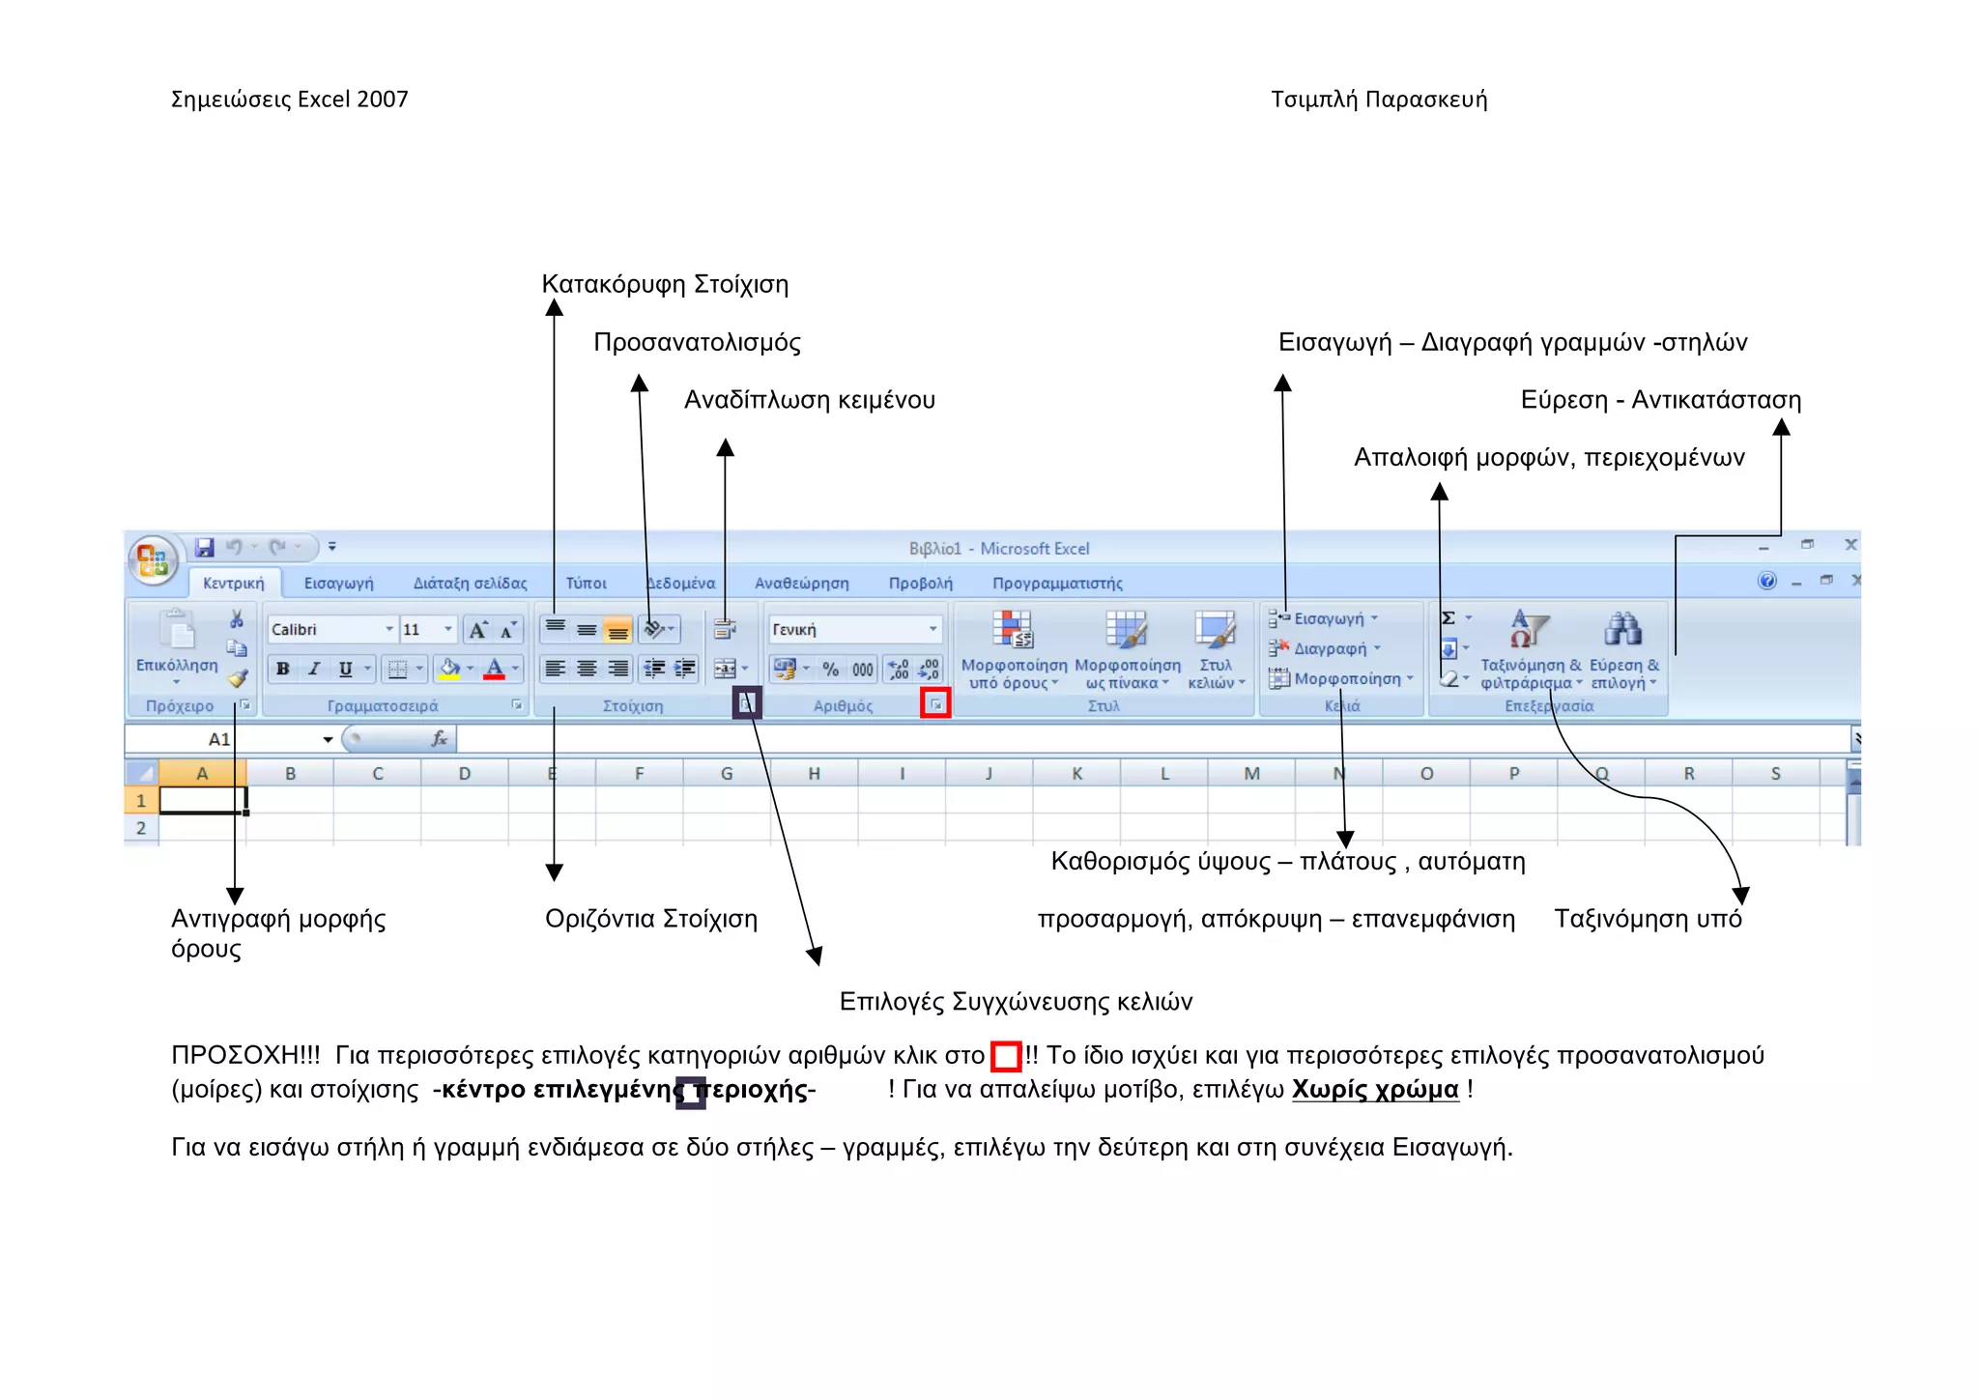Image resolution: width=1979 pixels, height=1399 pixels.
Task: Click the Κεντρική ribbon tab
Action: pos(233,583)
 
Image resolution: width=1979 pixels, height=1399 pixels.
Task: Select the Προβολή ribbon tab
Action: pos(920,583)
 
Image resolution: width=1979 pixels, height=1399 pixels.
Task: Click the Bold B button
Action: pos(282,669)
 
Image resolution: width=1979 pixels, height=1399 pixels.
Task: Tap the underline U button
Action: pos(345,669)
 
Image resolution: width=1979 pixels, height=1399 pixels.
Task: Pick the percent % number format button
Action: pos(830,669)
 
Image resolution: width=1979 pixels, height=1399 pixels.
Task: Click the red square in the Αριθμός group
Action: pos(935,704)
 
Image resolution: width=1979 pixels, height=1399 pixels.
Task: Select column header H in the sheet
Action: pos(814,774)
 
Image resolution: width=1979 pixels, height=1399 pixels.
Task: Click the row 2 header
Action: pos(141,828)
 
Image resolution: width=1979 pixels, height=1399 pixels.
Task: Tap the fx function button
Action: pos(439,739)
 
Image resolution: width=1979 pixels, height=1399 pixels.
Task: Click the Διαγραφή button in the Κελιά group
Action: pos(1330,648)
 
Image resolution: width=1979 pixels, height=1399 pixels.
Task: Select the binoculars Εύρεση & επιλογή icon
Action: pos(1622,630)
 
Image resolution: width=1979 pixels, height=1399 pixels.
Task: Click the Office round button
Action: pos(153,559)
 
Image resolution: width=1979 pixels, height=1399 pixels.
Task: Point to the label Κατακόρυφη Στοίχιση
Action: pos(665,284)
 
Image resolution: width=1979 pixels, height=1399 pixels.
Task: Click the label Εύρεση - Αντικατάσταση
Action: pos(1660,400)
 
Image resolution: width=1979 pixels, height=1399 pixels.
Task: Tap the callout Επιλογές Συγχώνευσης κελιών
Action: pos(1016,1002)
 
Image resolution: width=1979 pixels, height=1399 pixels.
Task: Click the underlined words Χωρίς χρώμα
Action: pos(1374,1090)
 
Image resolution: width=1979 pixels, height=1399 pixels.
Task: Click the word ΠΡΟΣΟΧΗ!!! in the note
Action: pos(245,1056)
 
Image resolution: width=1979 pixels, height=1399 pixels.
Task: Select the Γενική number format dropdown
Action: pos(853,630)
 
